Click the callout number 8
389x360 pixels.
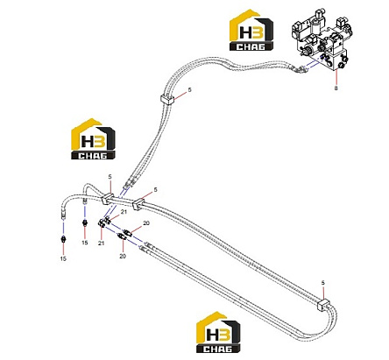pos(336,88)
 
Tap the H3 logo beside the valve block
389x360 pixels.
pos(251,30)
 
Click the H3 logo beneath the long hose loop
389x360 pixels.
pos(218,332)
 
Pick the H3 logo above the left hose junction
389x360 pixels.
pos(93,139)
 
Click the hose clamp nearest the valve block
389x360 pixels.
pos(167,99)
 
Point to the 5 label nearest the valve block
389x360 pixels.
pos(190,90)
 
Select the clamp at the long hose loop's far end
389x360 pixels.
pos(323,304)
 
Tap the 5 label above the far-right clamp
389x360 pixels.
pos(322,283)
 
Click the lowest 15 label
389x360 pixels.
pos(63,258)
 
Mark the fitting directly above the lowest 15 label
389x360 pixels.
pos(63,239)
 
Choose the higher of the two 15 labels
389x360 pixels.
pos(85,243)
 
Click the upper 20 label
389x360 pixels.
pos(146,223)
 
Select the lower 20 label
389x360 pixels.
pos(123,256)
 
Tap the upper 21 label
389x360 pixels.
pos(124,212)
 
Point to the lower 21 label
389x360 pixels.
pos(102,243)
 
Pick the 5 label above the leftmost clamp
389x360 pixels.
pos(110,177)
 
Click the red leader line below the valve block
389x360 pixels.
pos(336,77)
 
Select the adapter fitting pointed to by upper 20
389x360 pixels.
pos(127,233)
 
